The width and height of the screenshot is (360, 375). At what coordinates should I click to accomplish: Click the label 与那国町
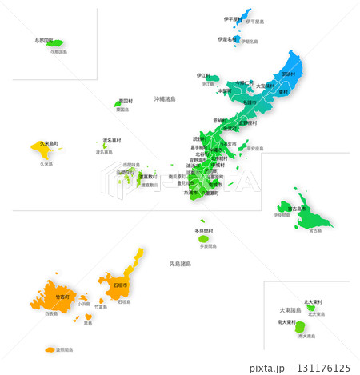(44, 39)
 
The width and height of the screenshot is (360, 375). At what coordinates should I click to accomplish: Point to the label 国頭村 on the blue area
(289, 74)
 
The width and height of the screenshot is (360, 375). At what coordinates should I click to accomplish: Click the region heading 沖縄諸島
(165, 99)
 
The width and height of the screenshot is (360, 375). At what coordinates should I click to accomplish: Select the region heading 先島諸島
(181, 263)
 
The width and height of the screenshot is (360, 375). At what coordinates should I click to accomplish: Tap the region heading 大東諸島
(290, 309)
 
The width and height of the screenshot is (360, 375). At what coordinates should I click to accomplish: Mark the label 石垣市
(121, 284)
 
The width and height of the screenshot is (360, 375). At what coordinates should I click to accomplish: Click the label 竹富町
(62, 297)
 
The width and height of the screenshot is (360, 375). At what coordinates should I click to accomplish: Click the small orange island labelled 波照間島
(50, 349)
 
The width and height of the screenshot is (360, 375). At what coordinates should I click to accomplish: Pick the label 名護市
(250, 102)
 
